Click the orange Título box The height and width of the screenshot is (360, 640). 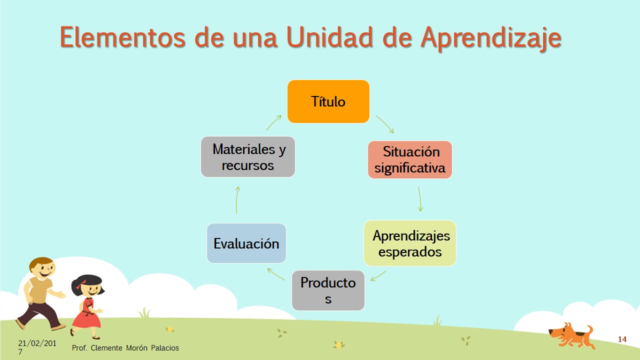pos(328,101)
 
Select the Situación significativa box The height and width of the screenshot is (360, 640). pos(409,159)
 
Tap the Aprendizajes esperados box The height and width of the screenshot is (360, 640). pos(409,243)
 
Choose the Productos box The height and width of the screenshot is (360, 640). pos(328,290)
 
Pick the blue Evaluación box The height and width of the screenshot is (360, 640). pos(246,243)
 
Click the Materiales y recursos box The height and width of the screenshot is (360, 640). pos(247,156)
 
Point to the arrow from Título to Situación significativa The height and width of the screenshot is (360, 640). pos(385,123)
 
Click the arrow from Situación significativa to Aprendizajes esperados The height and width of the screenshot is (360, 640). pos(419,199)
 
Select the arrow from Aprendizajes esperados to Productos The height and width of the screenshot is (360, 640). pos(378,275)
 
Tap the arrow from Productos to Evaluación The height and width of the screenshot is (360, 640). pos(276,274)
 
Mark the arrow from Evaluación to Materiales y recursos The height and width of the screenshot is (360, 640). pos(237,200)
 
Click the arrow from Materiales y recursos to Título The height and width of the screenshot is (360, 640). pos(273,122)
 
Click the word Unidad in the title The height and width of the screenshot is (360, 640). pos(329,37)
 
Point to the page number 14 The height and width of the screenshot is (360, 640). pos(622,339)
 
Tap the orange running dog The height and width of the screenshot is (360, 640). pos(571,335)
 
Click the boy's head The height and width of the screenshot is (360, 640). pos(42,268)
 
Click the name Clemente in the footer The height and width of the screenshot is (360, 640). pos(106,347)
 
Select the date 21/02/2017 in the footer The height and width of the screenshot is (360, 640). pos(37,347)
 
